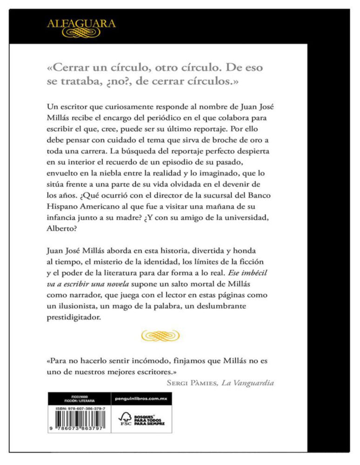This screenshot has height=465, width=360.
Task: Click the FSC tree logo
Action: coord(125,420)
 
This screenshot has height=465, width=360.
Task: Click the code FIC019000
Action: coord(77,396)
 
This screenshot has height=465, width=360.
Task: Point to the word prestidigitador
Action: coord(75,319)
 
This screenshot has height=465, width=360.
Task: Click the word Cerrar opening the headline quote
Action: coord(70,68)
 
